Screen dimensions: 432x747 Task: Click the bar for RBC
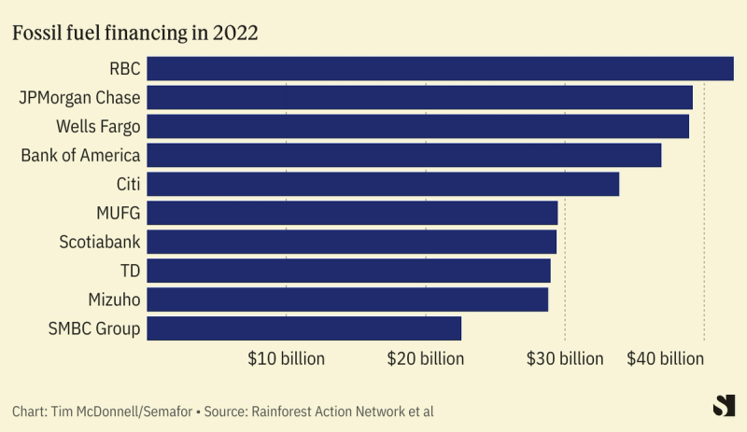click(x=440, y=68)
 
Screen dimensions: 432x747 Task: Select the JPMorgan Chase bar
click(x=420, y=97)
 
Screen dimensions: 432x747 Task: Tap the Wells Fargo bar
click(x=418, y=126)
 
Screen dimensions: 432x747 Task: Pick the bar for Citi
click(x=383, y=184)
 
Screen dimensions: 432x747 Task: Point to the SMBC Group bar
click(x=304, y=328)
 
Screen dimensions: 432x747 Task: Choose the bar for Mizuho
click(x=347, y=300)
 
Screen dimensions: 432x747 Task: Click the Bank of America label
click(x=80, y=155)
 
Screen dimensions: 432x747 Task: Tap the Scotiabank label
click(x=100, y=242)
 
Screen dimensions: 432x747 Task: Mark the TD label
click(x=130, y=271)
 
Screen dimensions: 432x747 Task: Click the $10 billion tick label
click(x=286, y=358)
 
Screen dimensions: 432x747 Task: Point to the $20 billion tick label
click(x=425, y=358)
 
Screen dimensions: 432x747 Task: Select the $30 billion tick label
click(x=564, y=358)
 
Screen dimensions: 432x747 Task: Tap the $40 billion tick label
click(x=665, y=358)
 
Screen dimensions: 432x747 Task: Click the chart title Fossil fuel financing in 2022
click(x=134, y=33)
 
